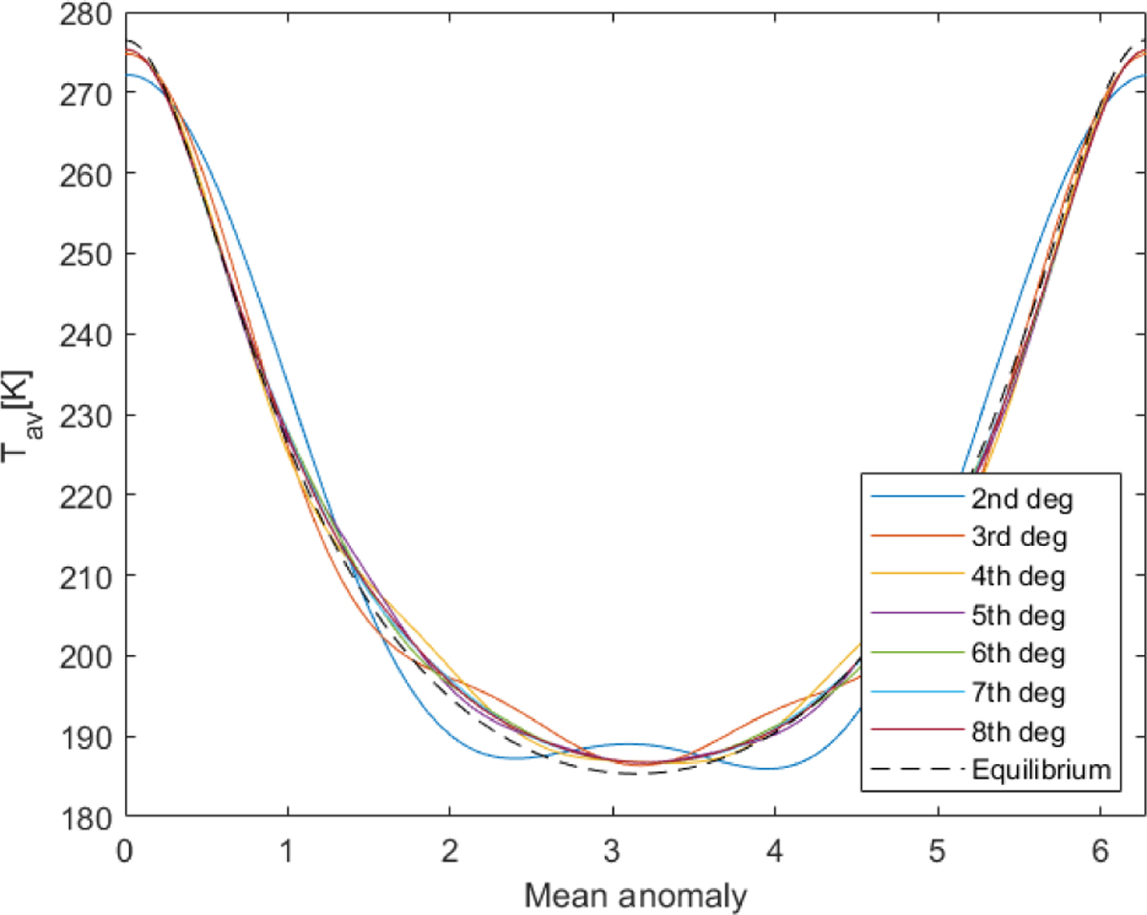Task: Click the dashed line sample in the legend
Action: (x=915, y=770)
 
